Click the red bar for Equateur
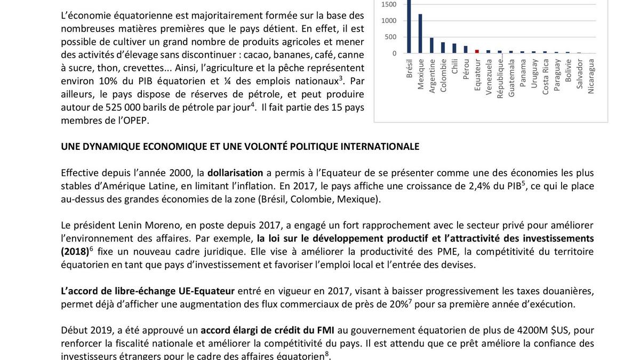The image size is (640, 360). (x=477, y=51)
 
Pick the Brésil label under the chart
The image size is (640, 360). (x=409, y=69)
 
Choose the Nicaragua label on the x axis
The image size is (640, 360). (x=591, y=76)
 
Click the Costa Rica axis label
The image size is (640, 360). (x=546, y=76)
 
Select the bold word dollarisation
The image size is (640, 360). (x=235, y=173)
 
